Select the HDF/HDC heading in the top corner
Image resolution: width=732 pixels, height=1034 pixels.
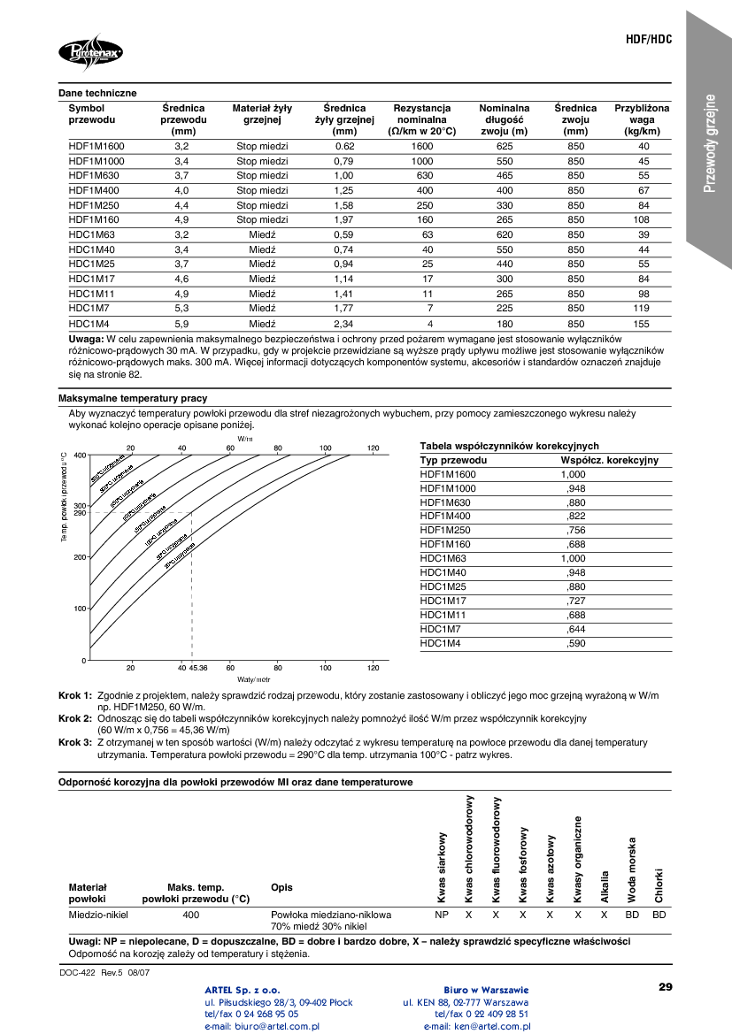click(x=649, y=41)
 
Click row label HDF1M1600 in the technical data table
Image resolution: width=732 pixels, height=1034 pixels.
click(x=96, y=146)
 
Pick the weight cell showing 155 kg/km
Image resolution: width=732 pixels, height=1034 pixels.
click(x=643, y=325)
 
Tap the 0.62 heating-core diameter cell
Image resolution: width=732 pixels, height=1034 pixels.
click(x=344, y=146)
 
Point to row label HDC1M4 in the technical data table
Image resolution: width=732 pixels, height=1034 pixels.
click(x=89, y=325)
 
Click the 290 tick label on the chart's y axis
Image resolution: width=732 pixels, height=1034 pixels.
click(x=80, y=513)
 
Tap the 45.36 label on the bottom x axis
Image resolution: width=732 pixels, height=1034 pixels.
click(x=198, y=667)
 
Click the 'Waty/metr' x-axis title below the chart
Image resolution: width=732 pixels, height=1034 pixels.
click(x=252, y=678)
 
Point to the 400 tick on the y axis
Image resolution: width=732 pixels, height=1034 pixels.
click(x=80, y=456)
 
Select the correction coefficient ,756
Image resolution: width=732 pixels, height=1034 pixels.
click(x=575, y=531)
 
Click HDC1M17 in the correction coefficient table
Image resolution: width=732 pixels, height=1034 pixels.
click(x=443, y=601)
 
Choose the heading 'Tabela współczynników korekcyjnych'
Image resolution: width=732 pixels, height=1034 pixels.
click(x=509, y=447)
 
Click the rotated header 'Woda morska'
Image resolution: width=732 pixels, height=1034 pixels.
click(x=632, y=870)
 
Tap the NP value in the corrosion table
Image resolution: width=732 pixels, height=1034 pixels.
click(x=441, y=915)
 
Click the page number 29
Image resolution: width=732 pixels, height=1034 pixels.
click(x=666, y=986)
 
